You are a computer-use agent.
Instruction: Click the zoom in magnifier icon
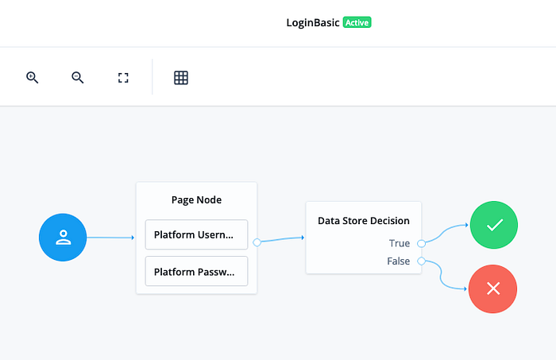tap(32, 77)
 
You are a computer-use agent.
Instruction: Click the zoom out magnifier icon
tap(77, 77)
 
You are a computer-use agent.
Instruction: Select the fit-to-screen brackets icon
tap(123, 78)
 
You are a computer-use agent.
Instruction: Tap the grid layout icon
tap(181, 78)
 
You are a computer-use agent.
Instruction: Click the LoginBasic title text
tap(313, 23)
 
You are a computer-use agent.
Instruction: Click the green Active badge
tap(357, 22)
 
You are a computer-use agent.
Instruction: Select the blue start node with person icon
tap(63, 238)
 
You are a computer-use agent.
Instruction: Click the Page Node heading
tap(196, 199)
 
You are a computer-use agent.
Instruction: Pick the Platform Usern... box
tap(196, 234)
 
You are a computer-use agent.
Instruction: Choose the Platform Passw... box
tap(196, 271)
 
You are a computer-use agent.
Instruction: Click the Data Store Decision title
tap(364, 221)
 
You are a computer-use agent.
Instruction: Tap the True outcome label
tap(400, 243)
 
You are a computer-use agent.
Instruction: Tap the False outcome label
tap(398, 261)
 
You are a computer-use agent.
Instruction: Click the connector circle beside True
tap(421, 243)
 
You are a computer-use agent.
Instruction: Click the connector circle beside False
tap(421, 261)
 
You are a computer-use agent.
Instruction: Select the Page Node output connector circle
tap(257, 242)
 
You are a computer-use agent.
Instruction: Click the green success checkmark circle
tap(494, 225)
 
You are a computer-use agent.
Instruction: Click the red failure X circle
tap(493, 288)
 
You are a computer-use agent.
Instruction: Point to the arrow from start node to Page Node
tap(110, 238)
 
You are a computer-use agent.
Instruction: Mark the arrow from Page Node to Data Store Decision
tap(283, 239)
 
